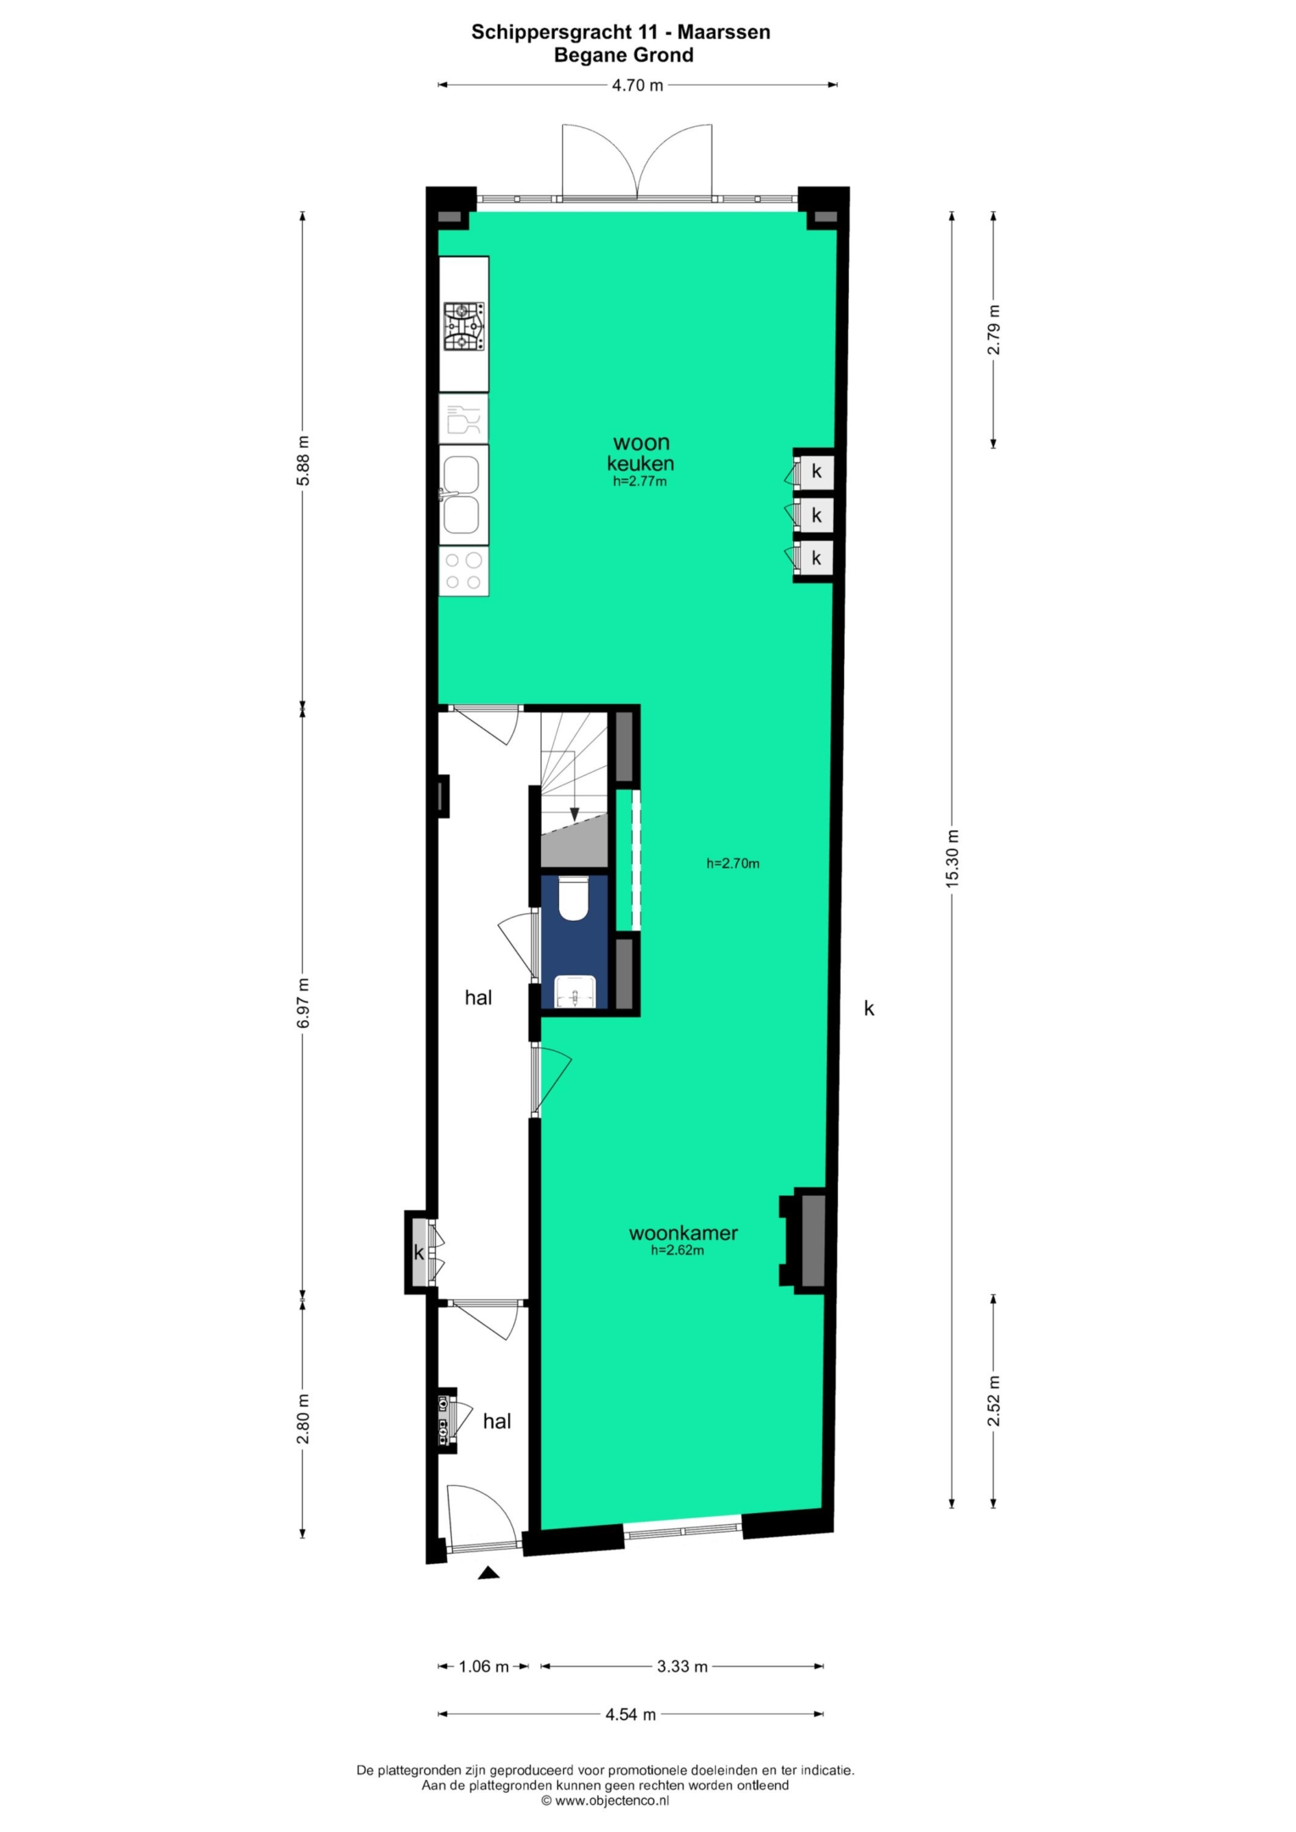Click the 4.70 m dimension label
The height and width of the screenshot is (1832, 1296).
[638, 85]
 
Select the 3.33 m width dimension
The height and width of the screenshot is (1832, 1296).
[682, 1666]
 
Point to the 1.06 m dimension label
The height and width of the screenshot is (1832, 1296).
[483, 1666]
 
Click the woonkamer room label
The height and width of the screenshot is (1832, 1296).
[683, 1232]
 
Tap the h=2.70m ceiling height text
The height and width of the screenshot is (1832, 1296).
[733, 863]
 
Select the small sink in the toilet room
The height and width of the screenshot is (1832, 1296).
[575, 991]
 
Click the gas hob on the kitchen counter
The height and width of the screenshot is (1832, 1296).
[464, 327]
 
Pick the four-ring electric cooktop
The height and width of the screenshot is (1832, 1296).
[464, 571]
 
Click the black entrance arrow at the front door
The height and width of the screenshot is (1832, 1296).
[488, 1572]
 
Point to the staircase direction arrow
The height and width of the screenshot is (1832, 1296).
[574, 788]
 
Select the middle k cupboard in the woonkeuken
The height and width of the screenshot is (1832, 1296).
[815, 514]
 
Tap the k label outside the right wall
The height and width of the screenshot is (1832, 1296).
[869, 1008]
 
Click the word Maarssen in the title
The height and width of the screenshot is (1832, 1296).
[723, 32]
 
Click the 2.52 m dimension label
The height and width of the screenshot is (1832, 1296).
[994, 1400]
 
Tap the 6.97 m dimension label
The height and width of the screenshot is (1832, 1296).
[303, 1003]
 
